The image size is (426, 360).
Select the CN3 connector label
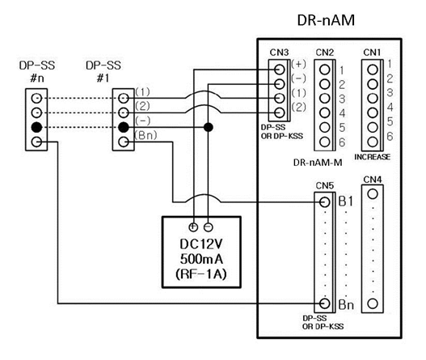click(279, 53)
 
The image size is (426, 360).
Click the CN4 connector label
click(373, 180)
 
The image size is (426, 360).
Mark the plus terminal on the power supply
click(194, 227)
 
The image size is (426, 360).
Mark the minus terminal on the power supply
click(209, 227)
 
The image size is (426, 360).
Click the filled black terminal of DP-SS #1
click(123, 128)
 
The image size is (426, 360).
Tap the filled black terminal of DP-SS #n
click(36, 128)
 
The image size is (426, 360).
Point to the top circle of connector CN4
click(373, 195)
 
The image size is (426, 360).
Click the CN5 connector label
click(324, 184)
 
